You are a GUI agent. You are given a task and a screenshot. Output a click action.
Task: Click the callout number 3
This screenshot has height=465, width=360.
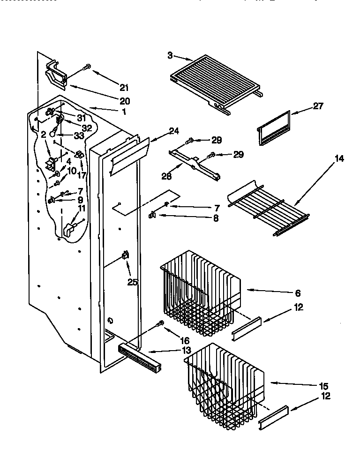pyautogui.click(x=169, y=55)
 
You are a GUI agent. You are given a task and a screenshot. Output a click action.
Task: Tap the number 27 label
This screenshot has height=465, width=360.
pyautogui.click(x=318, y=107)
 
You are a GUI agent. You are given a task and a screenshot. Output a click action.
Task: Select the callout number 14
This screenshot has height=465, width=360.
pyautogui.click(x=339, y=159)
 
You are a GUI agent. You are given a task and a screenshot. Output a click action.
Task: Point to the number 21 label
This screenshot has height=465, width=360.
pyautogui.click(x=124, y=87)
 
